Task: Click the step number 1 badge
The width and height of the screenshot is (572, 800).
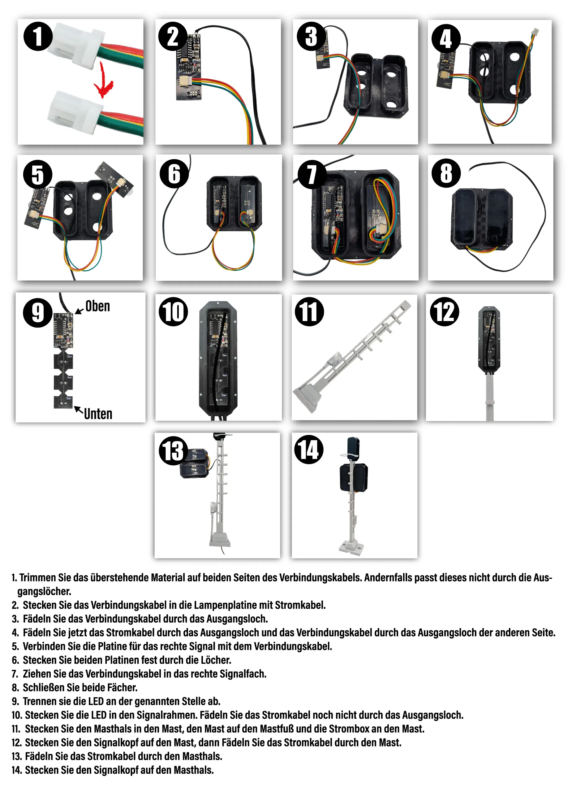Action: point(38,36)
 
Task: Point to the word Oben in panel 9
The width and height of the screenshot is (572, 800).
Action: point(97,306)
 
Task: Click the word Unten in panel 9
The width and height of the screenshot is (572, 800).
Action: point(98,414)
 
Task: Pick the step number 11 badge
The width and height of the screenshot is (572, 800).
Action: point(309,311)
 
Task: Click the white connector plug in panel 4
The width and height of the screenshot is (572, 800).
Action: point(535,32)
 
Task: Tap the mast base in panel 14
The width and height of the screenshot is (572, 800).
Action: point(351,547)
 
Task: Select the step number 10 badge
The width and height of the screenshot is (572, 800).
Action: point(173,311)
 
